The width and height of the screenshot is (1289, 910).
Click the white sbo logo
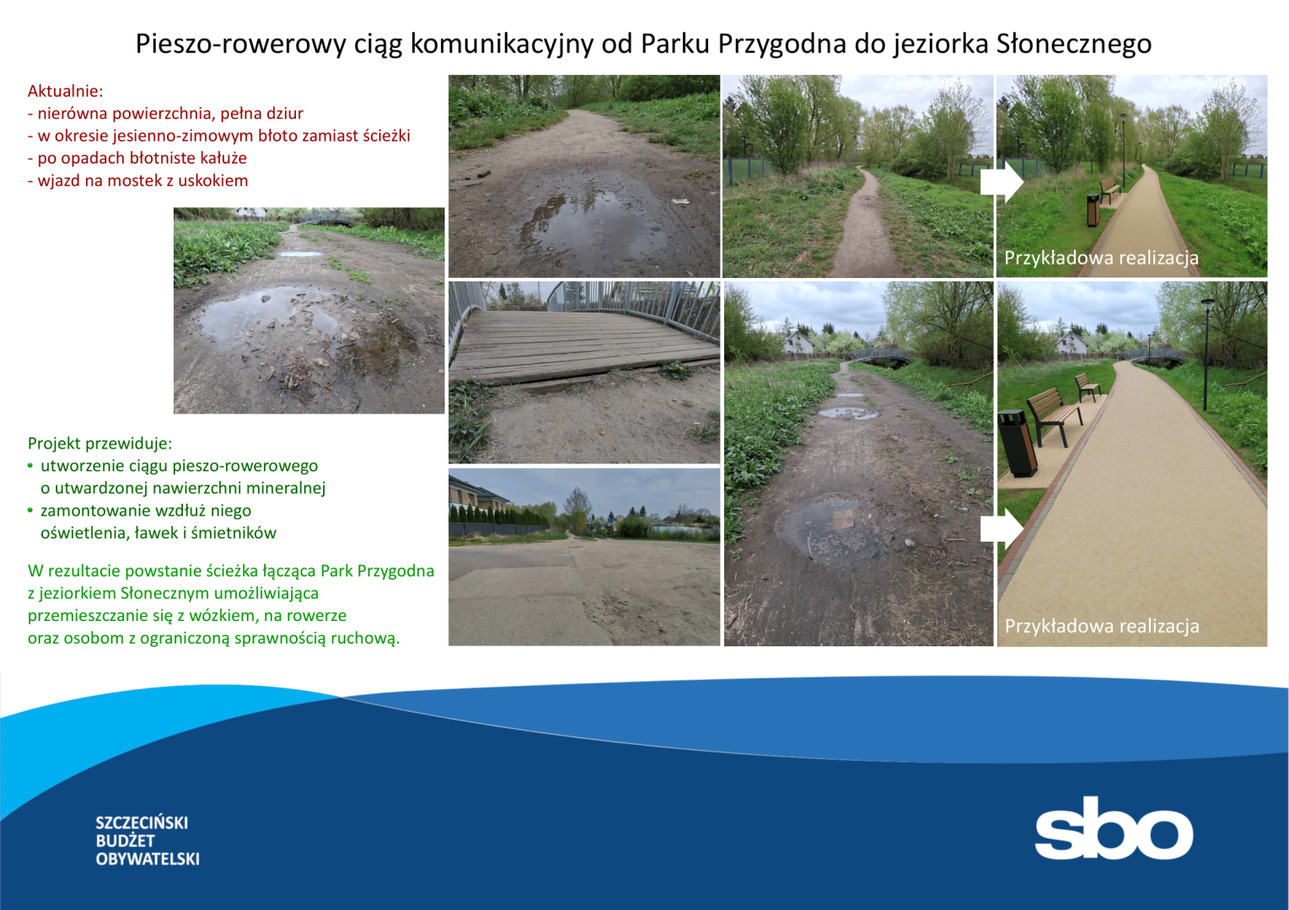pos(1114,828)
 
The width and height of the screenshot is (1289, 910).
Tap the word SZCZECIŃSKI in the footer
pos(142,822)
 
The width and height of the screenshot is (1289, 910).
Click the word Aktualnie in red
pos(63,91)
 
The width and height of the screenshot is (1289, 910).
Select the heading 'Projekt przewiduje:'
pos(99,443)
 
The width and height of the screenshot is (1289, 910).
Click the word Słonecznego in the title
pos(1074,45)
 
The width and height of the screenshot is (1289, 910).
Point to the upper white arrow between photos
pos(1002,182)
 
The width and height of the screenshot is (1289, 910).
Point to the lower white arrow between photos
pos(1002,528)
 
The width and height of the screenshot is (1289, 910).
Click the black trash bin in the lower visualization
pos(1017,443)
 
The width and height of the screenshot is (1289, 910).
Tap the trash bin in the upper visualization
pos(1093,211)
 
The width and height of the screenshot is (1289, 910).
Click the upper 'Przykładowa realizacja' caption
pos(1101,258)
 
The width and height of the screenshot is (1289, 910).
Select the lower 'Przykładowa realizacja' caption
pos(1101,626)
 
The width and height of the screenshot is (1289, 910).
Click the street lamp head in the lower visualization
pos(1207,302)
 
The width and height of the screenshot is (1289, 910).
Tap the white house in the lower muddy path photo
pos(798,343)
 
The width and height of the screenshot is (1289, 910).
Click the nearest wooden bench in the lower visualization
pos(1053,415)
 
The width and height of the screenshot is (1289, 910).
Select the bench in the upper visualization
pos(1109,190)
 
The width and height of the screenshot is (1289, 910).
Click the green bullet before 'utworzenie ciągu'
pos(30,465)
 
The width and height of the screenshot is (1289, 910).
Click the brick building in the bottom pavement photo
pos(477,495)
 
